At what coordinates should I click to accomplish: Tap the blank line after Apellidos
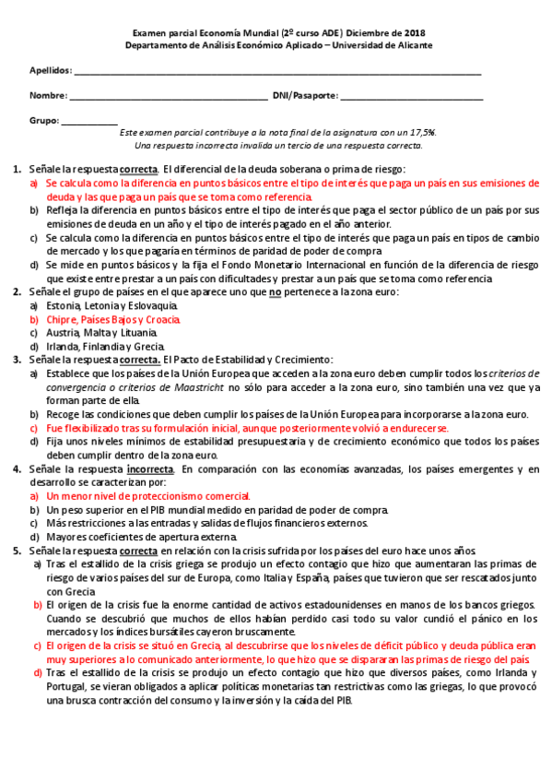(276, 73)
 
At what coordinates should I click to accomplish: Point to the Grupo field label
(44, 120)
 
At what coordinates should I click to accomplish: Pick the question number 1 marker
(18, 169)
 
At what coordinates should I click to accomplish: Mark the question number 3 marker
(18, 360)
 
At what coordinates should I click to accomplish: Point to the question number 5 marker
(18, 551)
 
